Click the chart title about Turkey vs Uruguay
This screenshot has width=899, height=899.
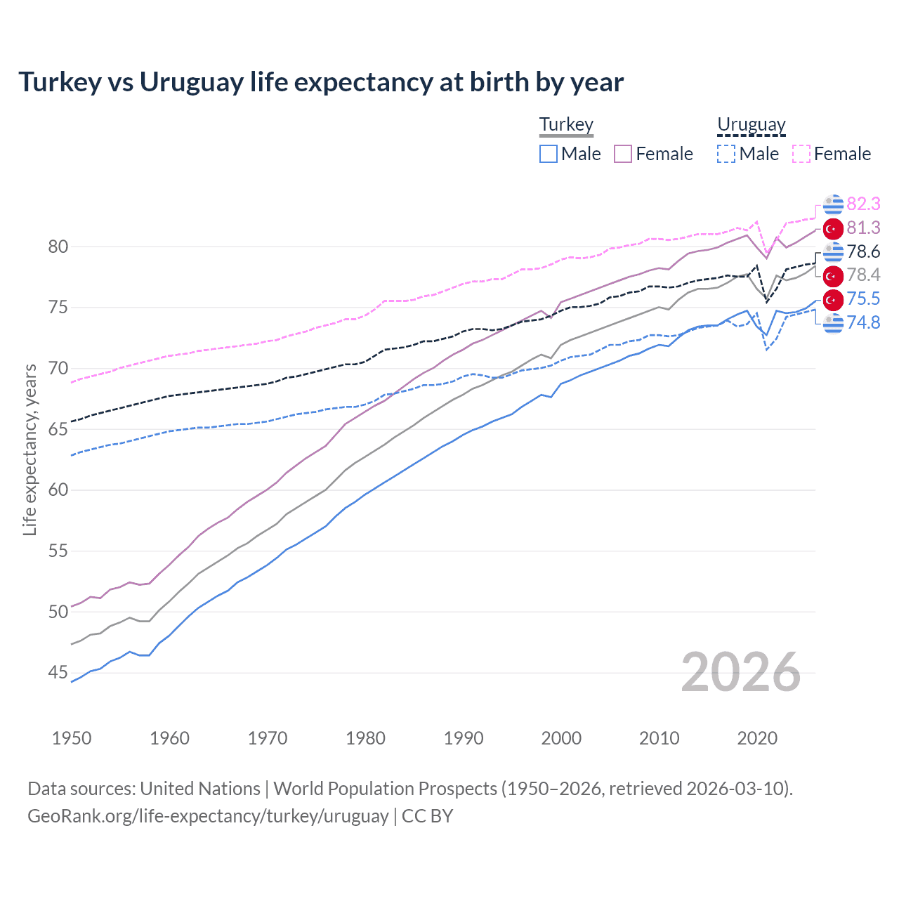pyautogui.click(x=321, y=82)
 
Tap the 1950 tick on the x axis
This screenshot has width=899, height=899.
pyautogui.click(x=72, y=738)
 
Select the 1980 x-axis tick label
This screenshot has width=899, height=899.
pyautogui.click(x=365, y=738)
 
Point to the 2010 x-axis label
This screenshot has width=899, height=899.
pyautogui.click(x=659, y=738)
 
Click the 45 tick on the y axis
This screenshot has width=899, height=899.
pyautogui.click(x=58, y=673)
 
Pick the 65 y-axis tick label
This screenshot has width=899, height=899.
pyautogui.click(x=58, y=429)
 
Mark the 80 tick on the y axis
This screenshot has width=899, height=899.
pyautogui.click(x=58, y=247)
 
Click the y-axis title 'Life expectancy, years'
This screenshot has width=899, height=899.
pyautogui.click(x=29, y=449)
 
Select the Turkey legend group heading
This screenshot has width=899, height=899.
pyautogui.click(x=566, y=124)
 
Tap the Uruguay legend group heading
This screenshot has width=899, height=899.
pyautogui.click(x=751, y=124)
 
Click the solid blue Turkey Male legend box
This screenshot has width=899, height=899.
pyautogui.click(x=549, y=154)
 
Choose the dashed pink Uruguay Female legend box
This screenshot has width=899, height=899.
pyautogui.click(x=801, y=154)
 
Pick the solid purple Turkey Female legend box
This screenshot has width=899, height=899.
pyautogui.click(x=623, y=154)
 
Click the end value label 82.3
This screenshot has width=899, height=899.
pyautogui.click(x=863, y=204)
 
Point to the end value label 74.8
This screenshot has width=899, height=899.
pyautogui.click(x=863, y=322)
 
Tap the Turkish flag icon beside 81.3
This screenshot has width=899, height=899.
pyautogui.click(x=833, y=228)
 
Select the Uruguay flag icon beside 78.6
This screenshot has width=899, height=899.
pyautogui.click(x=833, y=251)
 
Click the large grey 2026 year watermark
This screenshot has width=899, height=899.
pyautogui.click(x=740, y=672)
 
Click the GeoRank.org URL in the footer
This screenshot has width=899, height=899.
pyautogui.click(x=208, y=816)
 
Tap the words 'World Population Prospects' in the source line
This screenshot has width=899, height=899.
pyautogui.click(x=385, y=789)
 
